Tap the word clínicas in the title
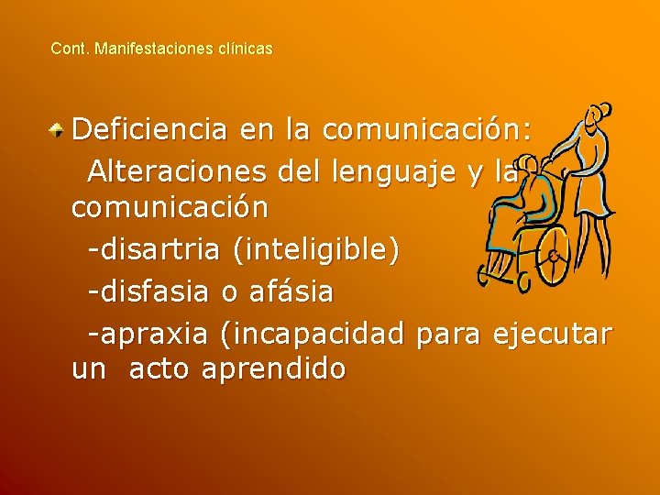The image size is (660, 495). [x=246, y=49]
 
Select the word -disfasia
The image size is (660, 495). [x=149, y=292]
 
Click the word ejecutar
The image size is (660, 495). [x=552, y=334]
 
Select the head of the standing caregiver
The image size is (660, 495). [x=597, y=116]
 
